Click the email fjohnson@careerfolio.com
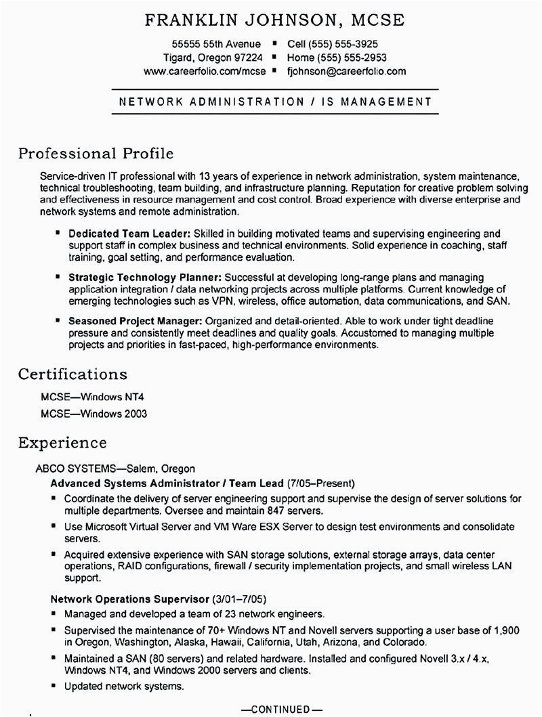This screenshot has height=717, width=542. (346, 70)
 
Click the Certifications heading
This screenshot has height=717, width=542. (72, 374)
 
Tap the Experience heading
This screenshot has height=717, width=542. (62, 443)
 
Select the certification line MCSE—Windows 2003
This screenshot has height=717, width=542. (93, 413)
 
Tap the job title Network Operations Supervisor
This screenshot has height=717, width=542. (129, 599)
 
